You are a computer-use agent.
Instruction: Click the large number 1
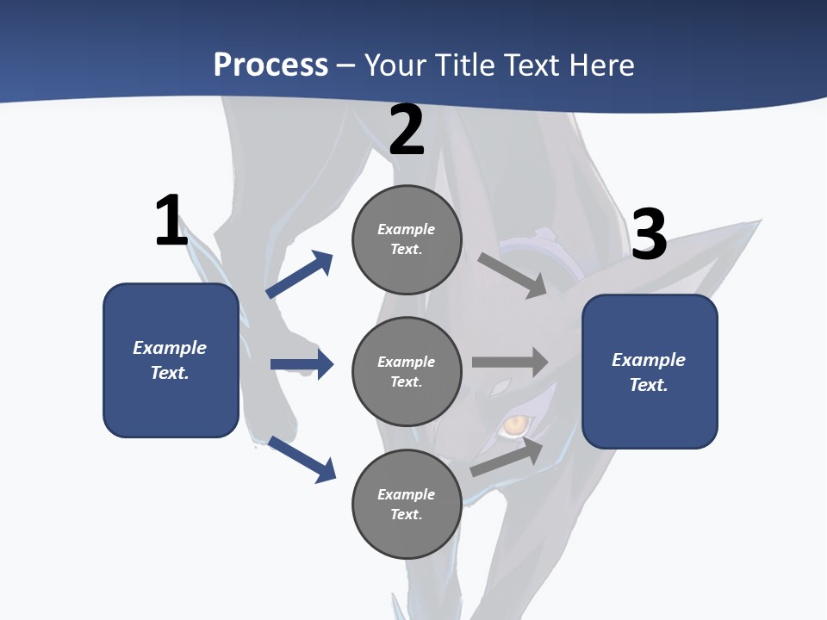click(171, 220)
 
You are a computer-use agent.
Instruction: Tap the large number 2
click(407, 130)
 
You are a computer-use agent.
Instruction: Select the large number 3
click(650, 234)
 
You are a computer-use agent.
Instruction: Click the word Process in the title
click(270, 65)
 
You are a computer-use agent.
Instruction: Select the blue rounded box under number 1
click(171, 360)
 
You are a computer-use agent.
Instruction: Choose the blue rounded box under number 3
click(650, 372)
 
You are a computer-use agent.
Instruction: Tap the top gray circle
click(407, 239)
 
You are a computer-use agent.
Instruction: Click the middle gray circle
click(407, 371)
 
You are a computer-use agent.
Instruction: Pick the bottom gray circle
click(407, 504)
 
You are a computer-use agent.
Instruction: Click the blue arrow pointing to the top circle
click(300, 275)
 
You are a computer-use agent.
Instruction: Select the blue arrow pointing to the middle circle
click(302, 364)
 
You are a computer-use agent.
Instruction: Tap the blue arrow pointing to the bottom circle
click(302, 459)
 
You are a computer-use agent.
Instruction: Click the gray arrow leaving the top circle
click(513, 276)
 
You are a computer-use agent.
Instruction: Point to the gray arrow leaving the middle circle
click(510, 362)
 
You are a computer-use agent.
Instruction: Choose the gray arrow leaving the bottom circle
click(507, 456)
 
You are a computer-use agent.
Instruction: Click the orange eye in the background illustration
click(516, 424)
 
